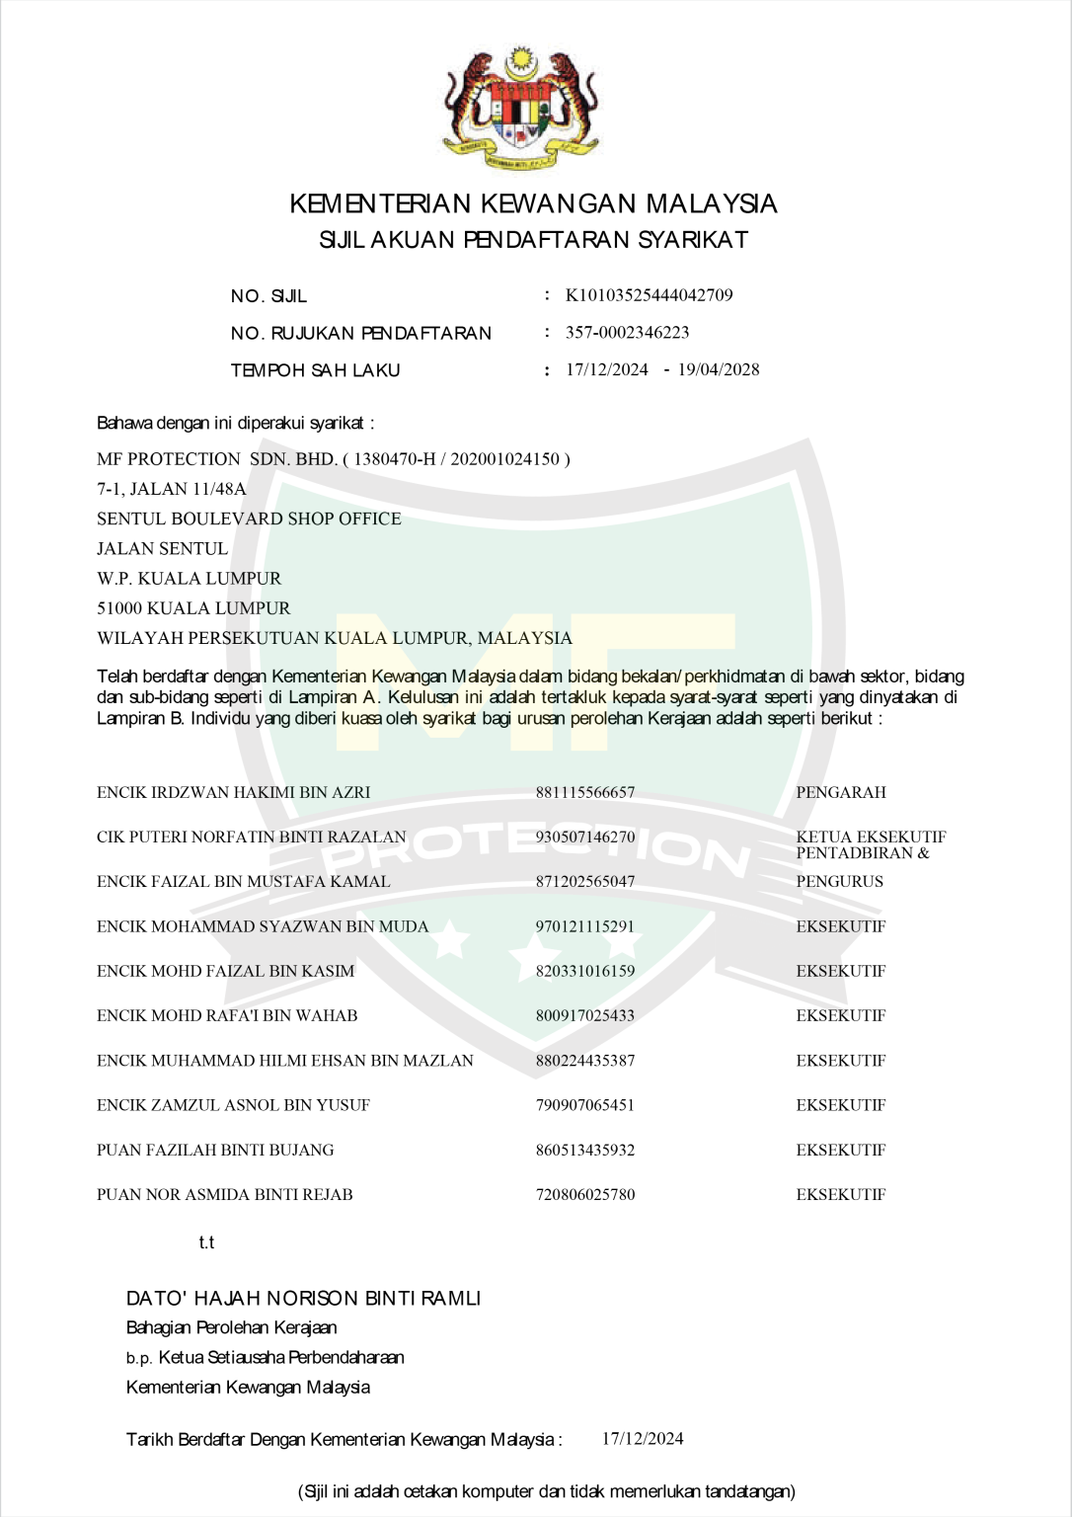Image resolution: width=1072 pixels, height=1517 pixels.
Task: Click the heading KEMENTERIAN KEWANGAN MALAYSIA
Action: tap(533, 204)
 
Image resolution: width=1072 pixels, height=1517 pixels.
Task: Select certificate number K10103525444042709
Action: tap(649, 295)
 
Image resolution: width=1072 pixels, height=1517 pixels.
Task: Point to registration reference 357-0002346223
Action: tap(627, 333)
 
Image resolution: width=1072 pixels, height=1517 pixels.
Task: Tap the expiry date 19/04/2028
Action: tap(719, 370)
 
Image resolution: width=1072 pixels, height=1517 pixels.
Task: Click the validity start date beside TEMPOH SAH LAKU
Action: tap(607, 370)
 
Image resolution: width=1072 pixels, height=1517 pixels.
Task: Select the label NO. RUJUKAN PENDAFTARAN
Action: tap(360, 334)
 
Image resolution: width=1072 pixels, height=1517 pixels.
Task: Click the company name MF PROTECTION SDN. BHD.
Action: tap(217, 459)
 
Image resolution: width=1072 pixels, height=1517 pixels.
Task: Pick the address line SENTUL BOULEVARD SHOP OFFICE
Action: tap(249, 519)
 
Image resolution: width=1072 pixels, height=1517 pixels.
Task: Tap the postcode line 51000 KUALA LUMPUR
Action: tap(193, 608)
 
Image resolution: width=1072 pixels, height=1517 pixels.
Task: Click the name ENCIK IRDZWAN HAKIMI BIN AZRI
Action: tap(234, 793)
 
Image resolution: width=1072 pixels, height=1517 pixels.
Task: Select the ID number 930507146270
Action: tap(585, 838)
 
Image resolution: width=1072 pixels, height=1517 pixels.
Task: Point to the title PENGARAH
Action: tap(841, 793)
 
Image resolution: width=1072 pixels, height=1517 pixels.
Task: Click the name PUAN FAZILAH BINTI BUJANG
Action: tap(215, 1151)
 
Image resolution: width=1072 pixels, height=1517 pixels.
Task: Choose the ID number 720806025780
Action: tap(585, 1195)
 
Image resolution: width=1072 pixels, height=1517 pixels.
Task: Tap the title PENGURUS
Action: tap(840, 882)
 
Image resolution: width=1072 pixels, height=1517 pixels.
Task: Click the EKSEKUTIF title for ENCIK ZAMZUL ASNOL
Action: tap(841, 1105)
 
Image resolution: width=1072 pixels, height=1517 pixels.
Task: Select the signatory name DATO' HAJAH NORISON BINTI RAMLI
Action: tap(303, 1299)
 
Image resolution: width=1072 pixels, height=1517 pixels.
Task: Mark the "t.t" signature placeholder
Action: tap(206, 1242)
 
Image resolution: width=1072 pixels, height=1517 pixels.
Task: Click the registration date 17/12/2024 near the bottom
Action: tap(643, 1439)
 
